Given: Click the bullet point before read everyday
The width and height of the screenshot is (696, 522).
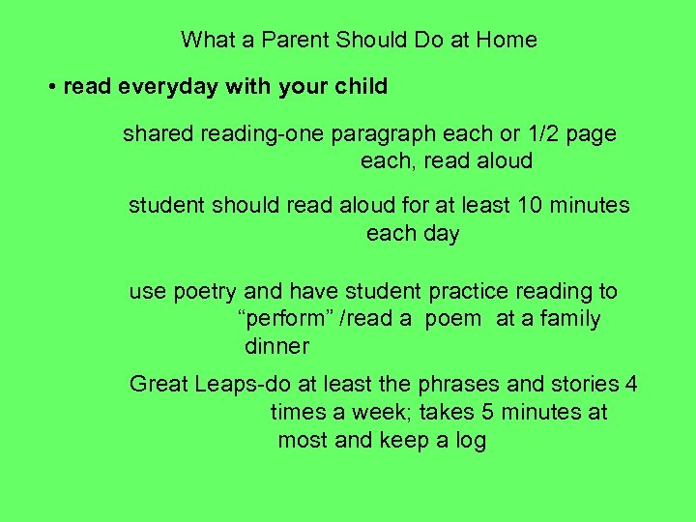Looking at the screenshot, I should click(51, 87).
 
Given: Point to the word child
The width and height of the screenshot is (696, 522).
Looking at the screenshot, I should click(360, 87).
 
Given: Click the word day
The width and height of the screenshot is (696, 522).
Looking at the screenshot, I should click(440, 234).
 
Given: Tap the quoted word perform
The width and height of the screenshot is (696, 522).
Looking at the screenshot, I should click(277, 319).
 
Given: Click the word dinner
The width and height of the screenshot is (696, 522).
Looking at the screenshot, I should click(276, 346).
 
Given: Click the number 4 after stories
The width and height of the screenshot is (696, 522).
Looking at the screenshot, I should click(631, 385).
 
